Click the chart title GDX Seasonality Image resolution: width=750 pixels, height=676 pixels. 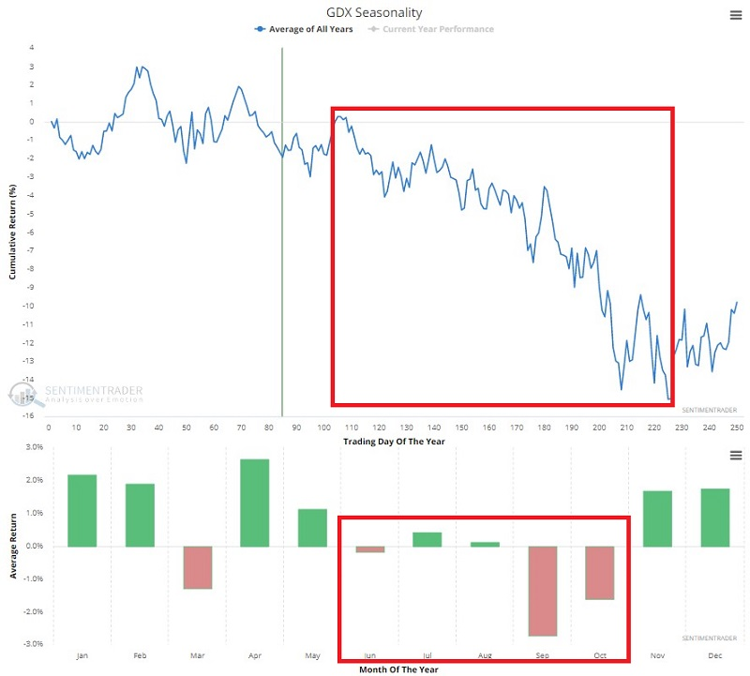pyautogui.click(x=375, y=13)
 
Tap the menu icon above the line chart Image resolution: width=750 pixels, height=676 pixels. pyautogui.click(x=736, y=14)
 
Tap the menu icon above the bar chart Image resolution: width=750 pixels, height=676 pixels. pyautogui.click(x=736, y=455)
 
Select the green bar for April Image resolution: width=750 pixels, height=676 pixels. pyautogui.click(x=255, y=503)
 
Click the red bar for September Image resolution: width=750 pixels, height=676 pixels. pyautogui.click(x=543, y=591)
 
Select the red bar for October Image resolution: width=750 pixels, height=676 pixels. pyautogui.click(x=600, y=572)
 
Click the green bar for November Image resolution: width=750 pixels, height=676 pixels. pyautogui.click(x=657, y=518)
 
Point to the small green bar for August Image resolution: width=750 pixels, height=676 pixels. pyautogui.click(x=485, y=544)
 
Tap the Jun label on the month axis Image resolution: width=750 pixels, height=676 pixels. pyautogui.click(x=369, y=656)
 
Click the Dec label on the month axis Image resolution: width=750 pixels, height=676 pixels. pyautogui.click(x=714, y=656)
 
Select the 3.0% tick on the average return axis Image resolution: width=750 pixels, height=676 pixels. pyautogui.click(x=34, y=447)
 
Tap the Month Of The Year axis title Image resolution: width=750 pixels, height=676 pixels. pyautogui.click(x=398, y=669)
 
